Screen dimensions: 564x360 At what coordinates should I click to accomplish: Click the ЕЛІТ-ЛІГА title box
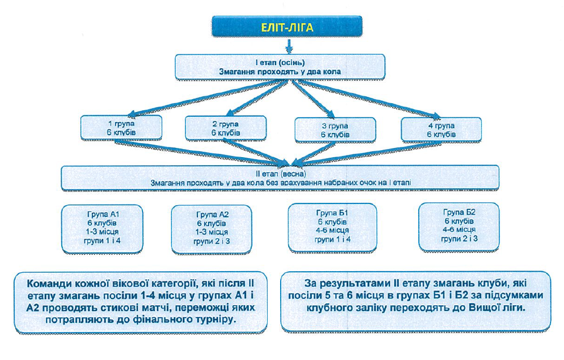pos(287,27)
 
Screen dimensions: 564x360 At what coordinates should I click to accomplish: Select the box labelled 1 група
pos(121,128)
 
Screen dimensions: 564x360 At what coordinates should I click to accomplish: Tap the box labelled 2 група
pos(225,128)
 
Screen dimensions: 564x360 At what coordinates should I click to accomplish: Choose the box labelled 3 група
pos(335,130)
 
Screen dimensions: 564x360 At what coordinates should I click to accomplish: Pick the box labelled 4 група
pos(441,129)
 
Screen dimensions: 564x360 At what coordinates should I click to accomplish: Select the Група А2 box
pos(211,229)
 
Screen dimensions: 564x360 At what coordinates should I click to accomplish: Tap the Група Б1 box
pos(332,227)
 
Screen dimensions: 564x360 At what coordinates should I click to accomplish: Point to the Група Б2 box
pos(459,227)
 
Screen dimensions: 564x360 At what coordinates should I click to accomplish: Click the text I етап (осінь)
pos(280,62)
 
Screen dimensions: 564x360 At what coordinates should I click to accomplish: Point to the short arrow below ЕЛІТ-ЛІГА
pos(289,46)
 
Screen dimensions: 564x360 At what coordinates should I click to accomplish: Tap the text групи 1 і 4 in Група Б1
pos(332,239)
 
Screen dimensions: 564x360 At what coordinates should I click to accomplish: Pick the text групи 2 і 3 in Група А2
pos(211,241)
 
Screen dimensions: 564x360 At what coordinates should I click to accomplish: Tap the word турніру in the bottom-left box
pos(215,319)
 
